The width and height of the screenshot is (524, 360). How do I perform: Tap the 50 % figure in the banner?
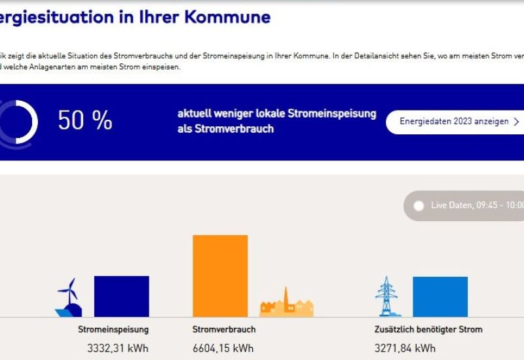85,121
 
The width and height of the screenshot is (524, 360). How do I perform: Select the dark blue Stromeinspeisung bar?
121,297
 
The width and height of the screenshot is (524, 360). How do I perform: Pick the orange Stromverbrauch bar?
220,276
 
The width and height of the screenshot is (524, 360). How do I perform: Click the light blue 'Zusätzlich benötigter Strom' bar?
440,297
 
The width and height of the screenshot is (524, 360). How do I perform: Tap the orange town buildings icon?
286,303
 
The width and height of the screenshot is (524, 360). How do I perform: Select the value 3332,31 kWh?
118,348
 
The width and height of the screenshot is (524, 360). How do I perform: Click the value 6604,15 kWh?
223,348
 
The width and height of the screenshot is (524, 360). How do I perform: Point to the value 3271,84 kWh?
405,348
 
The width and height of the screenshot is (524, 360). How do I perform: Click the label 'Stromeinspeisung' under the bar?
113,329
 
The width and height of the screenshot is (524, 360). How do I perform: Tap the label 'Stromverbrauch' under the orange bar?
224,329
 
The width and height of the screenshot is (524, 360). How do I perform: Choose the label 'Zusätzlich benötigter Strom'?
428,329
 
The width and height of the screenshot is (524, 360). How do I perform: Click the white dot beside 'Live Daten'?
419,206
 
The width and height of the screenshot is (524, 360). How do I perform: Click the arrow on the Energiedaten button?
516,122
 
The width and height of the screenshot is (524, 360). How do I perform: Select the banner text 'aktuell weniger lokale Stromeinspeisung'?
276,114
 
